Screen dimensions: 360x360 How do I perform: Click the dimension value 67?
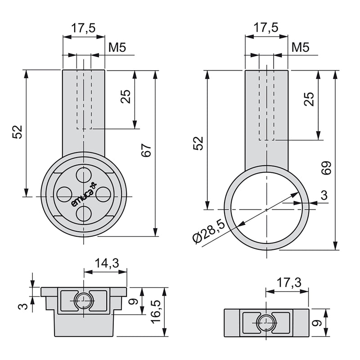coord(146,151)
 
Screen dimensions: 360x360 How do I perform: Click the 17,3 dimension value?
coord(288,282)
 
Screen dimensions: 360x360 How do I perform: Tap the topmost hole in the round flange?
coord(84,174)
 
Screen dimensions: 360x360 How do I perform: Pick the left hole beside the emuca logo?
coord(63,194)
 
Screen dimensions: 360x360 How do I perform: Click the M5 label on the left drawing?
coord(117,47)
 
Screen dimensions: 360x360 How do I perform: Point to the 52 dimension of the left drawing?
coord(17,132)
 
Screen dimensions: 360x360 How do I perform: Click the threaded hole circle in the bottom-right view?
coord(266,322)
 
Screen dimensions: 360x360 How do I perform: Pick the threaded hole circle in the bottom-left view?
coord(84,301)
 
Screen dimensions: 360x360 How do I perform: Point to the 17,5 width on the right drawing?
coord(266,28)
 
